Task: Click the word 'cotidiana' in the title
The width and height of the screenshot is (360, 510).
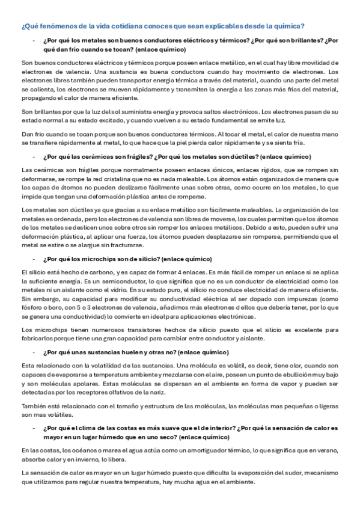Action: (121, 26)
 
